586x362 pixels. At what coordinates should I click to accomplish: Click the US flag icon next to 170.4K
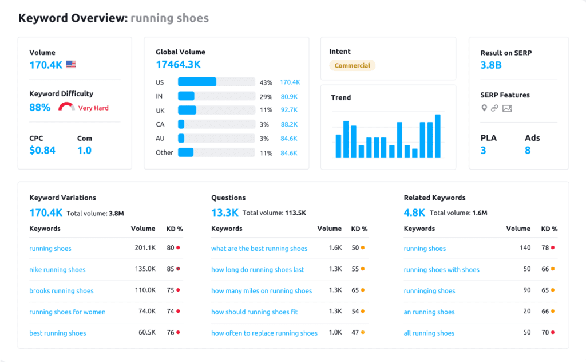(x=71, y=65)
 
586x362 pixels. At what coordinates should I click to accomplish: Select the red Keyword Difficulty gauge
(x=66, y=107)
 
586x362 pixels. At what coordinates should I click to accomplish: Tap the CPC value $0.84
(x=42, y=151)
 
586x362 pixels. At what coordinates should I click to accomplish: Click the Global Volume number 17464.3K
(x=178, y=65)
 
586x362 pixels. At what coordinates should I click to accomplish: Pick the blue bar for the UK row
(x=187, y=109)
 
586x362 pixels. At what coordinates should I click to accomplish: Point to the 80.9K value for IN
(x=289, y=96)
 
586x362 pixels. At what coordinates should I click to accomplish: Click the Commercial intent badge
(x=352, y=65)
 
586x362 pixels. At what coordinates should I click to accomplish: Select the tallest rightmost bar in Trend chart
(x=438, y=136)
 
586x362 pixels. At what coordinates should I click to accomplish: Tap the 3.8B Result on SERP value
(x=491, y=65)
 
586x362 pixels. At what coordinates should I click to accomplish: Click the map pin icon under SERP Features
(x=484, y=108)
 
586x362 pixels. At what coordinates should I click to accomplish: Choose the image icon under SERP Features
(x=506, y=108)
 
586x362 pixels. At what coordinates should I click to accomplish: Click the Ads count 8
(x=528, y=151)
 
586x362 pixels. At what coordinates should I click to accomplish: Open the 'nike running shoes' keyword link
(x=57, y=270)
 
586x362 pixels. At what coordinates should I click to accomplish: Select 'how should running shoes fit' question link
(x=254, y=312)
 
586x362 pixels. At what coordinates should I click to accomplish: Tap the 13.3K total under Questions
(x=224, y=213)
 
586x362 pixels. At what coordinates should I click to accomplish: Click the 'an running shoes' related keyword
(x=429, y=312)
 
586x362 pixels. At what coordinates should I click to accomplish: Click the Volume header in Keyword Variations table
(x=142, y=229)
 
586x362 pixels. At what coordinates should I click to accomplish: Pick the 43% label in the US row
(x=266, y=82)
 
